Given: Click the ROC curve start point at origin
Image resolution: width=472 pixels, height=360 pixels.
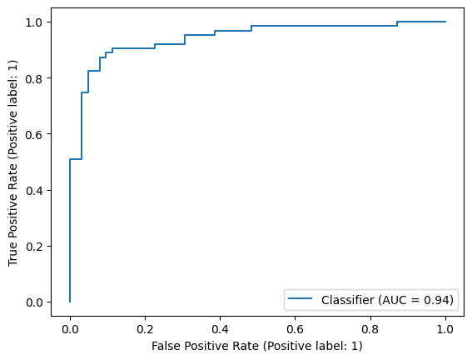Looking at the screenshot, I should tap(70, 302).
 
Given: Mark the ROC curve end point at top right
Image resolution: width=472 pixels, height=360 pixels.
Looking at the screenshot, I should tap(445, 22).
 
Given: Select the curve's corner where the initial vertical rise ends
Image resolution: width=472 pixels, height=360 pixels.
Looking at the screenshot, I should tap(70, 159).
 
